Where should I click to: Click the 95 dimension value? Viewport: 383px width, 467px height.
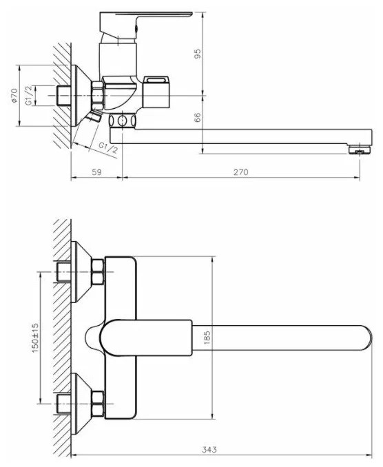click(x=198, y=54)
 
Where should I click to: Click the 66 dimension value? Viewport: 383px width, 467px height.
click(x=198, y=117)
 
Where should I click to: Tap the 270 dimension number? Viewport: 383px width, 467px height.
click(x=240, y=172)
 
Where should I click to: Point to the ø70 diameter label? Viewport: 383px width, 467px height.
click(x=15, y=95)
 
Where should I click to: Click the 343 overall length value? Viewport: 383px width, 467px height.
click(x=209, y=449)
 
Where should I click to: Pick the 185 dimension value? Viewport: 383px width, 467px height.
click(x=207, y=338)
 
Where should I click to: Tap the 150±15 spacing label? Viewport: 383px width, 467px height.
click(x=35, y=338)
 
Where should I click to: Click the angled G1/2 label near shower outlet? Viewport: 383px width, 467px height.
click(x=108, y=147)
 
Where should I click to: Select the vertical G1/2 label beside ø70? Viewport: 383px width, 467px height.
click(x=29, y=95)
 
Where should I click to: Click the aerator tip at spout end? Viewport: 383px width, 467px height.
click(x=360, y=149)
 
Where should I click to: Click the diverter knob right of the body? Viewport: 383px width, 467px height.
click(x=156, y=92)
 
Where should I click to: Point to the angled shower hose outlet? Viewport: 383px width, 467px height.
click(x=92, y=117)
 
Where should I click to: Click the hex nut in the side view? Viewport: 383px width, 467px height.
click(x=98, y=96)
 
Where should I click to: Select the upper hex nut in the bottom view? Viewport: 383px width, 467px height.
click(x=98, y=271)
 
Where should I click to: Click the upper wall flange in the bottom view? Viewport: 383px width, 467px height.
click(x=82, y=271)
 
